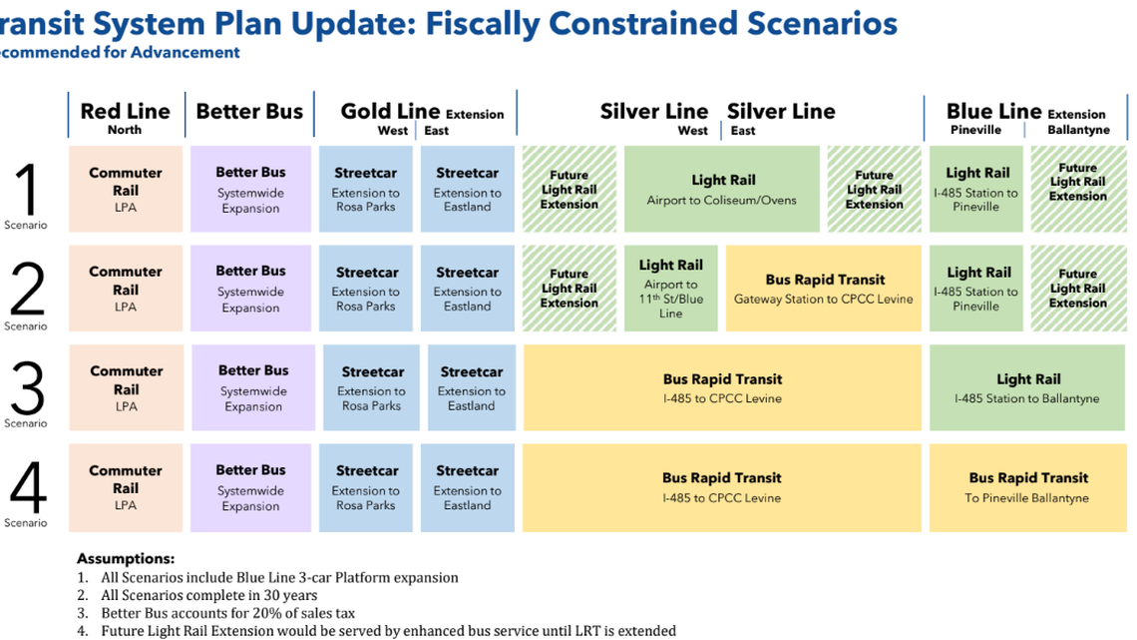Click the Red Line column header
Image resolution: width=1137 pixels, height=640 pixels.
coord(125,111)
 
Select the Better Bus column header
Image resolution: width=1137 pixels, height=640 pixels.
coord(249,111)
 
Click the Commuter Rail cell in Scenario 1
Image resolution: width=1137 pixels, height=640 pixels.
coord(126,190)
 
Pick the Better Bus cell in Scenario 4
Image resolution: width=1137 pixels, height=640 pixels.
coord(251,487)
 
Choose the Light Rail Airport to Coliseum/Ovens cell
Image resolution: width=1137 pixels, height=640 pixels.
coord(722,190)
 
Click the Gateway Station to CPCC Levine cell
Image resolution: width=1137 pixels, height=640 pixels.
coord(824,289)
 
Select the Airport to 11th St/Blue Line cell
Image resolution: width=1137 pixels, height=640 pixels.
coord(670,289)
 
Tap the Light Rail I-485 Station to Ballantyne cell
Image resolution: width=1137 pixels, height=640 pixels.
coord(1027,387)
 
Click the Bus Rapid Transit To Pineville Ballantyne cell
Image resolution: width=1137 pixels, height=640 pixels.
coord(1027,487)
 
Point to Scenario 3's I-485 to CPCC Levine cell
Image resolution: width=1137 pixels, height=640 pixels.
coord(722,387)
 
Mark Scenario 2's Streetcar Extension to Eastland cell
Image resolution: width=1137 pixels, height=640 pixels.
coord(467,289)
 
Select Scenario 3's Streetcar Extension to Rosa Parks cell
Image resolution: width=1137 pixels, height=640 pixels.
coord(372,387)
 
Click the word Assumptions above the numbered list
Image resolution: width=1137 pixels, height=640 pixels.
coord(126,559)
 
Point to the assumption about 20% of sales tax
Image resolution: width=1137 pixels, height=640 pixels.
coord(228,613)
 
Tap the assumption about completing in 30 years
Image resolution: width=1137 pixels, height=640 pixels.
coord(208,595)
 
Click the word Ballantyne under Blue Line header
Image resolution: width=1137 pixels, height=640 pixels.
coord(1078,131)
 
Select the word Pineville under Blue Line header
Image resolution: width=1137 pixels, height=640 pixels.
coord(975,131)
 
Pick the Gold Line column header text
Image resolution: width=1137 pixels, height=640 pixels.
coord(390,111)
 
